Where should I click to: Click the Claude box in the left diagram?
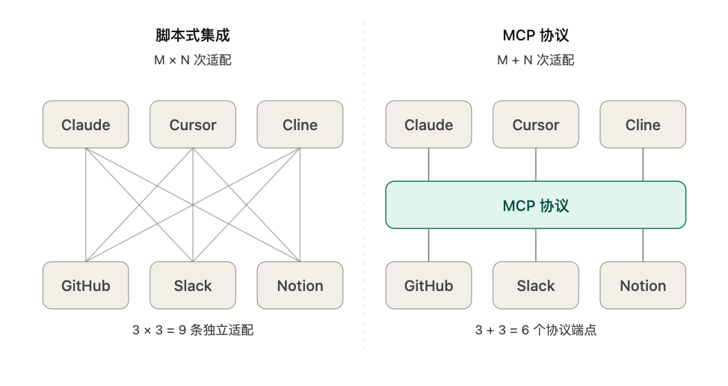(x=86, y=124)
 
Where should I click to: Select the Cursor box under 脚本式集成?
(x=193, y=124)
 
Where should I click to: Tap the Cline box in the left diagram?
(x=300, y=124)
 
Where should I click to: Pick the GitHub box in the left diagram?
(x=86, y=285)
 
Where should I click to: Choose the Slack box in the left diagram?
(x=193, y=285)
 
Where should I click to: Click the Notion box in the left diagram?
(x=300, y=285)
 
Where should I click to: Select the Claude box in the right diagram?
(x=428, y=124)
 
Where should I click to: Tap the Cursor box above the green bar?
(x=536, y=124)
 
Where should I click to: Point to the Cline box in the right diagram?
(x=643, y=124)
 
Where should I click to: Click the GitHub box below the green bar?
(x=428, y=285)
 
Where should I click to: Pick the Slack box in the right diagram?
(x=536, y=285)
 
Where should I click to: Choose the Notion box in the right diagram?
(x=643, y=285)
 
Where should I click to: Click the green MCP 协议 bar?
(x=536, y=205)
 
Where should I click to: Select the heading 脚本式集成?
(x=193, y=35)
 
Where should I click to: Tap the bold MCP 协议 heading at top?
(x=536, y=35)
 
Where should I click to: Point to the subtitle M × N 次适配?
(x=193, y=60)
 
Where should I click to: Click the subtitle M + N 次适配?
(x=536, y=60)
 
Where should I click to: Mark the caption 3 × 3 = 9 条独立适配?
(x=193, y=330)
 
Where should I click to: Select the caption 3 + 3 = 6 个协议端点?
(x=536, y=330)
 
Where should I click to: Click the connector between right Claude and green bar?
(x=428, y=165)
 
